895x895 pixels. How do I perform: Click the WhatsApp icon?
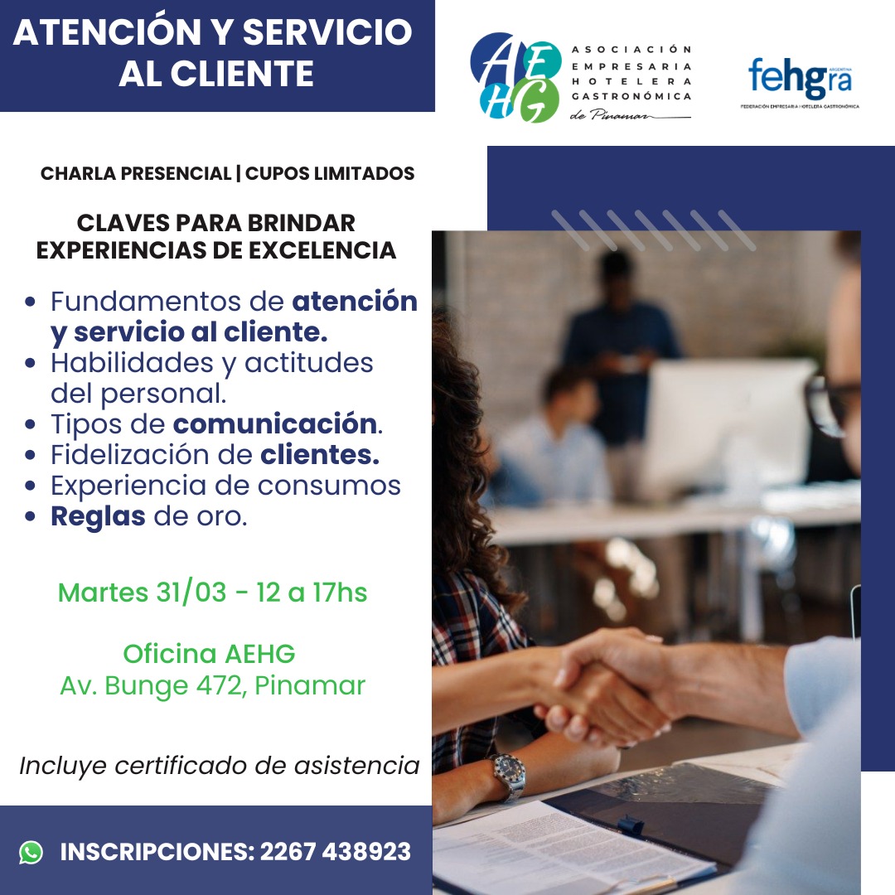coord(31,852)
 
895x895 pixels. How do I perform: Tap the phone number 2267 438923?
coord(336,852)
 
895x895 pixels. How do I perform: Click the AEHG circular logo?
coord(515,78)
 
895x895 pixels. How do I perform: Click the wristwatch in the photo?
coord(508,775)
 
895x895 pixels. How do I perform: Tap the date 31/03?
coord(191,593)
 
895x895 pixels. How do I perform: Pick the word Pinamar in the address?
coord(310,685)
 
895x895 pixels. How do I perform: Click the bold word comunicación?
coord(274,424)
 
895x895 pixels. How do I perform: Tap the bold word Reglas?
coord(98,517)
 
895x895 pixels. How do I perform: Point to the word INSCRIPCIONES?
coord(157,852)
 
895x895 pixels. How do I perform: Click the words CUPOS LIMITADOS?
coord(330,173)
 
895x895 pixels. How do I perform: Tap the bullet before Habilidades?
coord(31,363)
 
